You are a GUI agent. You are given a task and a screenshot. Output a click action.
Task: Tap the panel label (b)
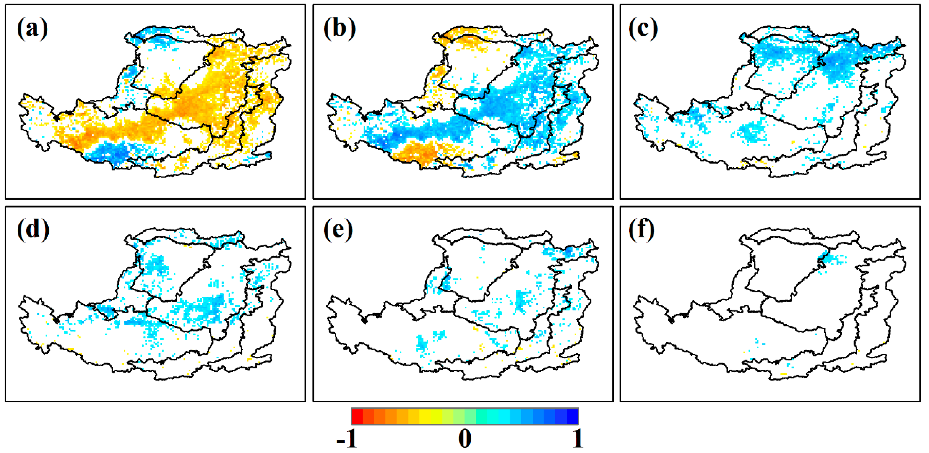339,29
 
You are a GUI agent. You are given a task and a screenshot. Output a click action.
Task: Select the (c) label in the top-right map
643,29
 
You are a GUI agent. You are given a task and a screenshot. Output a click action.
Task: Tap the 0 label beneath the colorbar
465,439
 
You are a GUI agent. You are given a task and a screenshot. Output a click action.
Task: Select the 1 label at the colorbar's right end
578,439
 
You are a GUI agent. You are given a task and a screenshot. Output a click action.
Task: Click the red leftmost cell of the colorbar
357,416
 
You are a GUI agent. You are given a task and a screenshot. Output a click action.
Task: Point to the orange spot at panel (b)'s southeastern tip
576,155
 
